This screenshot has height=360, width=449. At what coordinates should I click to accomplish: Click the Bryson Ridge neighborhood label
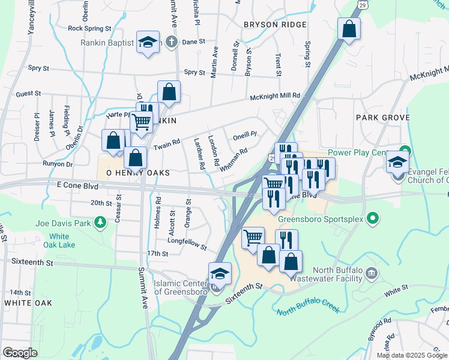tap(275, 25)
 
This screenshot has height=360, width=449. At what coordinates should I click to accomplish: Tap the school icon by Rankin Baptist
tap(148, 43)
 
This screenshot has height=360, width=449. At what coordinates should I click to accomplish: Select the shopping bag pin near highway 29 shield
tap(349, 29)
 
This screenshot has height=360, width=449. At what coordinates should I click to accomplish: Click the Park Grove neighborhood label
tap(382, 118)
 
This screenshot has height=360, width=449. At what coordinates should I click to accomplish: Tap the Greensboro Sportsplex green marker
tap(372, 218)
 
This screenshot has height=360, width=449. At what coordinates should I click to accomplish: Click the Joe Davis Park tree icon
tap(101, 223)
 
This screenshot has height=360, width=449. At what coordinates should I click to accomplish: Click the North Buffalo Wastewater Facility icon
tap(372, 274)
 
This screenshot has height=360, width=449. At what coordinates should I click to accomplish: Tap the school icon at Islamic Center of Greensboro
tap(220, 274)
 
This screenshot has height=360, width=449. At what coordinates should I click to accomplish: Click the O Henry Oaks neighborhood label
tap(138, 173)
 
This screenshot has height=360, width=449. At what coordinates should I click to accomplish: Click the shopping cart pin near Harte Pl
tap(142, 122)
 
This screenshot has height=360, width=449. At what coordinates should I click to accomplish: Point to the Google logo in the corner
tap(20, 353)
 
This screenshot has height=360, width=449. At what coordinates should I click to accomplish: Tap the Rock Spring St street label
tap(90, 28)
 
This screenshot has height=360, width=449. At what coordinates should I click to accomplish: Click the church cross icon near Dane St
tap(171, 42)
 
